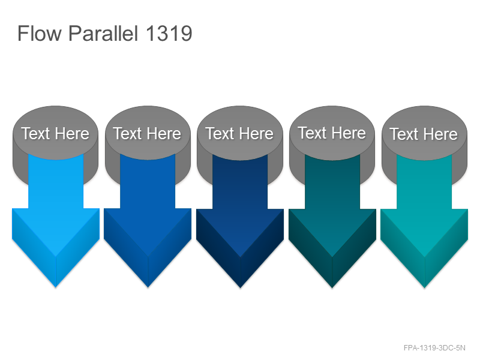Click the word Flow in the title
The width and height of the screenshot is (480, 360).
coord(40,33)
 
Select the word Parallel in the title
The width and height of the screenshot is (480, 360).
coord(103,33)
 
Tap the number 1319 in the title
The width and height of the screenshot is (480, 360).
coord(169,33)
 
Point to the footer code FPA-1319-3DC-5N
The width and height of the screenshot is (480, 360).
coord(434,348)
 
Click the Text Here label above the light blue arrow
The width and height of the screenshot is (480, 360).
coord(55,134)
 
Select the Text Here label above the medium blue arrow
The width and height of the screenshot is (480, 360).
coord(148,134)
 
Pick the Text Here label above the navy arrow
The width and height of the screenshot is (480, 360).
coord(239,134)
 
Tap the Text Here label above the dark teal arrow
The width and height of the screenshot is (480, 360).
coord(332,133)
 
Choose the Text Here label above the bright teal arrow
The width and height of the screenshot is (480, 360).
coord(424,134)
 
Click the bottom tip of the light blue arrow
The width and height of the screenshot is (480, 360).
coord(56,287)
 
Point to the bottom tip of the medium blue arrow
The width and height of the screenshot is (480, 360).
coord(148,287)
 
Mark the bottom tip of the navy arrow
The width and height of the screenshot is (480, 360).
coord(241,288)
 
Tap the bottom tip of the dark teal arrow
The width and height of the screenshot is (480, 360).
coord(332,288)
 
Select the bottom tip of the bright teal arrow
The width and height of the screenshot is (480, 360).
coord(425,288)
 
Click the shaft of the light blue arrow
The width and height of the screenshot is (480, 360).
coord(56,184)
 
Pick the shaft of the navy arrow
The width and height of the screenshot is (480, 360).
coord(240,184)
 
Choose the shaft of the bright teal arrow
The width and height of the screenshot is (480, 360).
coord(424,184)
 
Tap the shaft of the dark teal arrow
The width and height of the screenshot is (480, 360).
coord(332,184)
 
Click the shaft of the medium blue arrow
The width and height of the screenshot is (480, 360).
coord(148,184)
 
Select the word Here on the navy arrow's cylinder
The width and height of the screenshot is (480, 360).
coord(257,134)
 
